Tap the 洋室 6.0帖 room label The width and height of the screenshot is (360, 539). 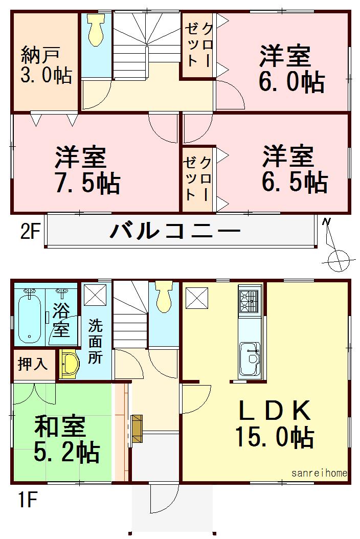[x=290, y=69]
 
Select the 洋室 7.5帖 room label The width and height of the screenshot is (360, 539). [x=87, y=170]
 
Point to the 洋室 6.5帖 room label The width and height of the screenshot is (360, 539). [x=294, y=169]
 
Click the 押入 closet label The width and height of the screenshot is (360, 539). [x=33, y=364]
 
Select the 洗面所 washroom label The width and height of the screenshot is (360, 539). [x=95, y=341]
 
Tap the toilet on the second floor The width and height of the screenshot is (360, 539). [x=96, y=31]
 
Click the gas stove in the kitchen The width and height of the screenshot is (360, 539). [x=250, y=301]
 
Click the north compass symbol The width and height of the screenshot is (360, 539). [x=335, y=251]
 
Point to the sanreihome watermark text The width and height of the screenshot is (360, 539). [x=320, y=474]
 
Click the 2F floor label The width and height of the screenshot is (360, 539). [x=30, y=232]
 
